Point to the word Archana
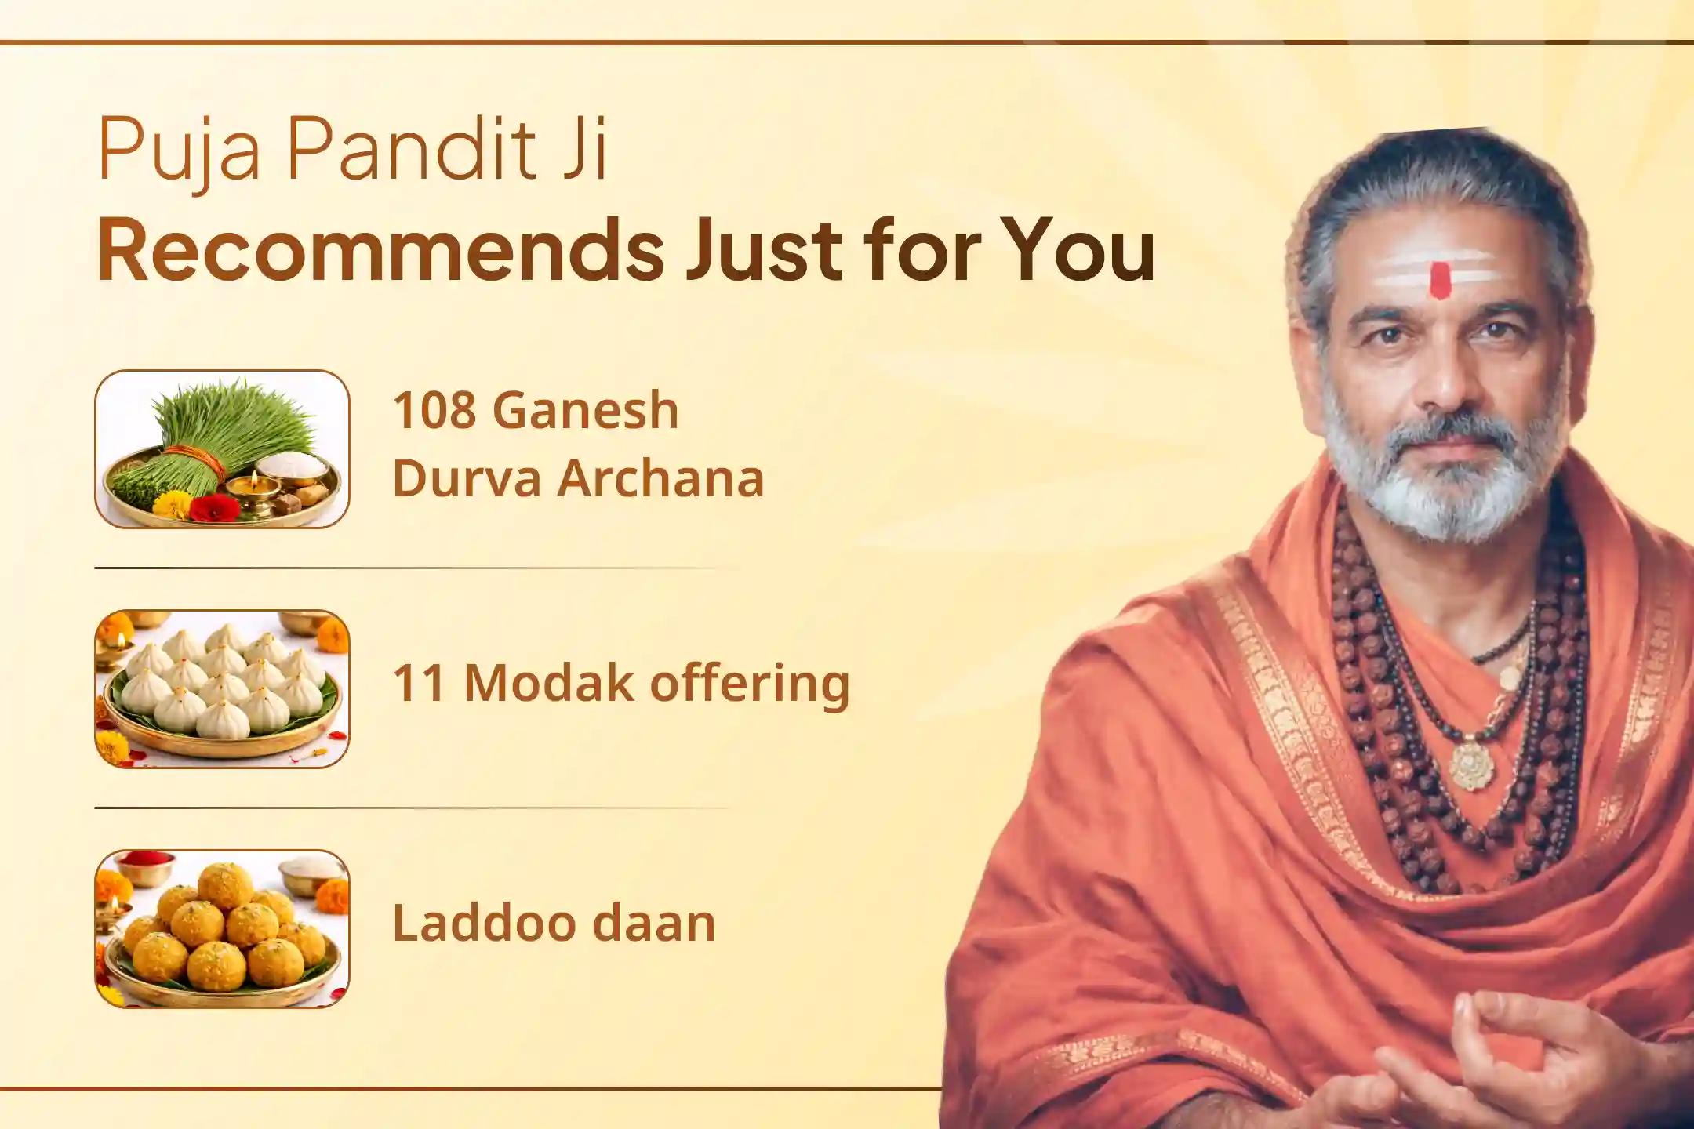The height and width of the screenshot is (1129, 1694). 660,478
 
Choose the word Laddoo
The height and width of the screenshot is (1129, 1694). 485,923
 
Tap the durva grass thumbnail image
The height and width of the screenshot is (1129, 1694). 222,449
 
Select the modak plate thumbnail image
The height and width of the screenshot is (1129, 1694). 222,688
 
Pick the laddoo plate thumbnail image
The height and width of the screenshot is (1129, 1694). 222,928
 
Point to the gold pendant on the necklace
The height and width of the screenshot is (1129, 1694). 1472,761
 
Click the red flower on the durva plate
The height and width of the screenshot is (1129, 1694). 214,506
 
